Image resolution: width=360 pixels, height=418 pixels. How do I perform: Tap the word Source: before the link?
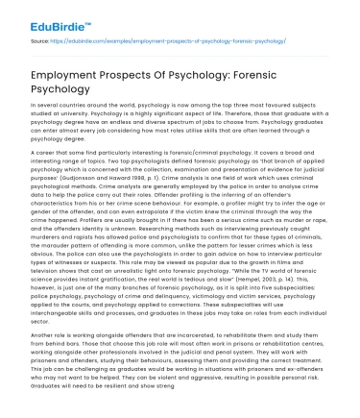pyautogui.click(x=39, y=42)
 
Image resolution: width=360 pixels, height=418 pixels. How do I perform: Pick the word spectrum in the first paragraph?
pyautogui.click(x=156, y=130)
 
